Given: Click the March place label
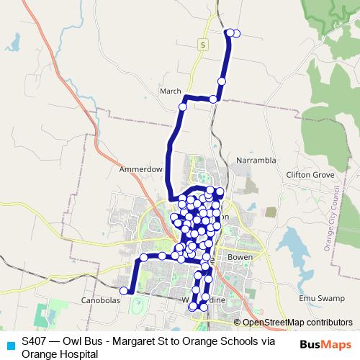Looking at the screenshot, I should click(x=171, y=91).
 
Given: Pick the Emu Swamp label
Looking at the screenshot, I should click(x=318, y=298).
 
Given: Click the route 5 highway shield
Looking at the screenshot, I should click(x=204, y=45).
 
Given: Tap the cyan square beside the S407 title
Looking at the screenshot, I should click(x=10, y=343).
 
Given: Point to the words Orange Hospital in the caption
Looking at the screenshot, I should click(x=59, y=354).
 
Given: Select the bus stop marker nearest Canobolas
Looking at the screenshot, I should click(x=124, y=291).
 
